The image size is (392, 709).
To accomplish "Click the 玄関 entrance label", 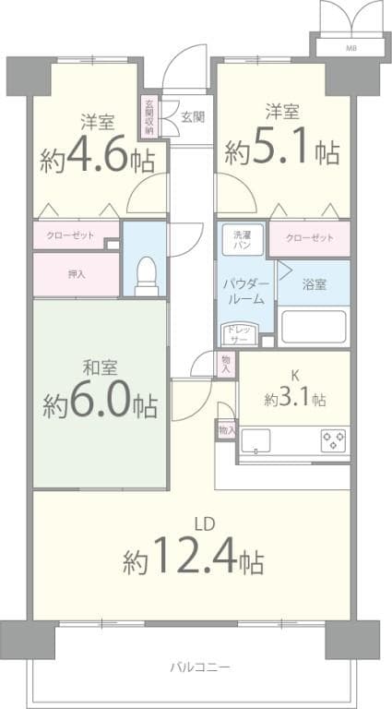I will coord(193,116).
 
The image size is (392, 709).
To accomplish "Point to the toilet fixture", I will coord(146,273).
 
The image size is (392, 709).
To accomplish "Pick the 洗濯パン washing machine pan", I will coord(243,240).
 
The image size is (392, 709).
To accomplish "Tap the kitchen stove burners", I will coord(334,439).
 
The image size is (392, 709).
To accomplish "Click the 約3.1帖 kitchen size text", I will coord(294,399).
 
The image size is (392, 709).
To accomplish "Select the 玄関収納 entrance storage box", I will coord(148,116).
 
